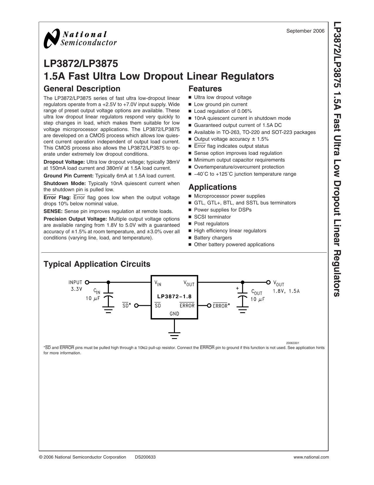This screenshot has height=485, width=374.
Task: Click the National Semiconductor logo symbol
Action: pos(51,38)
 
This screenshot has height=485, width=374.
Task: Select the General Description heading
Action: pos(82,89)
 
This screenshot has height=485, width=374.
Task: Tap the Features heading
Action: pos(205,89)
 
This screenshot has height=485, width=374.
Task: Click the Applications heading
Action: pos(212,187)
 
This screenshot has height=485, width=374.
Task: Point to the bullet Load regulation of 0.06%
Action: pos(223,111)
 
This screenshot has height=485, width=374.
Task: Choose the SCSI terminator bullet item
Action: pos(212,217)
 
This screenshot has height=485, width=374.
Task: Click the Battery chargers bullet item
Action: pos(213,238)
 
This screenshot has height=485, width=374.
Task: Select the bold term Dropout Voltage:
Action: pos(64,162)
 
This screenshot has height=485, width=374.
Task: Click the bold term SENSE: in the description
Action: pos(53,211)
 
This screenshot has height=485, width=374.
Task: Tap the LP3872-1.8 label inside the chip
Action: pos(174,297)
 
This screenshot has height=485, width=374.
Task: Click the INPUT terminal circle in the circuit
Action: pos(87,282)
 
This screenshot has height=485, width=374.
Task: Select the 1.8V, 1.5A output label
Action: pos(286,291)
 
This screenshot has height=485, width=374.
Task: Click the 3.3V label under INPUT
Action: pos(76,289)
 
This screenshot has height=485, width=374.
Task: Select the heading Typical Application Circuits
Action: pos(97,264)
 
